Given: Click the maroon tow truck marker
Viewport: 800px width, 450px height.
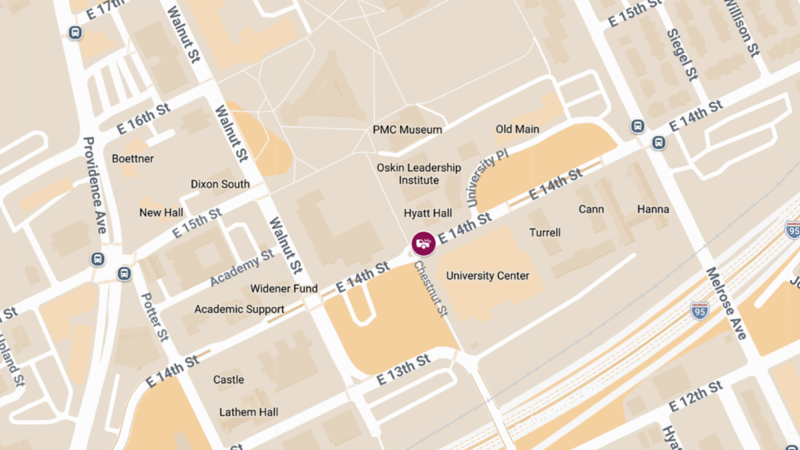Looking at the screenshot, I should tap(423, 243).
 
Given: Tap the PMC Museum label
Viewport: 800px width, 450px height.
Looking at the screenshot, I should tap(407, 129).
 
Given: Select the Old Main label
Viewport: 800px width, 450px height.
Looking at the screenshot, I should tap(517, 129).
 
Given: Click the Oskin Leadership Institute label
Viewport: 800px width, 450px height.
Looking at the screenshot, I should tap(419, 174).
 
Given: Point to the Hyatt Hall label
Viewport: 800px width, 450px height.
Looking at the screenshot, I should tap(428, 213).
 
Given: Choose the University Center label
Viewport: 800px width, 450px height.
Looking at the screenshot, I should tap(487, 276).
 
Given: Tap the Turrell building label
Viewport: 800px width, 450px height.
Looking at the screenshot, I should tap(545, 233).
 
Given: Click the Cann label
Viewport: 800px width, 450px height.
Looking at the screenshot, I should tap(591, 209).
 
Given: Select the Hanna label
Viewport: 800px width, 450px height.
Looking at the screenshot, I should tap(653, 209).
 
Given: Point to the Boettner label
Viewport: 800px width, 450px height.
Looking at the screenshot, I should tap(133, 159).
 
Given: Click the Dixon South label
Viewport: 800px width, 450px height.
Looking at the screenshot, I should tap(220, 184).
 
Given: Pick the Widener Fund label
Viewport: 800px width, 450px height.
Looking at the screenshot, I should tap(283, 289).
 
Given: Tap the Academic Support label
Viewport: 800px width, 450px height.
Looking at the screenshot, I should tap(239, 309).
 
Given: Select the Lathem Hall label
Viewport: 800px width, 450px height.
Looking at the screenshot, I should tap(249, 412).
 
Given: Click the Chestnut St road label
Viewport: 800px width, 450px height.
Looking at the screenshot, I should tap(430, 289).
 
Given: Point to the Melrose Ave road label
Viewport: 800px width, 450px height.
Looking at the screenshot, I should tap(727, 303).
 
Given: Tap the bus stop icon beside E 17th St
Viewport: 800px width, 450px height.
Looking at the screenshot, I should tap(75, 33).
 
